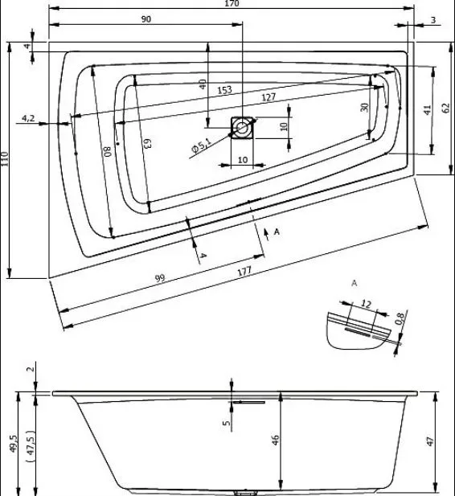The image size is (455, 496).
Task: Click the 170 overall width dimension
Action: click(232, 3)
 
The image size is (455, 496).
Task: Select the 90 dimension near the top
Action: click(146, 19)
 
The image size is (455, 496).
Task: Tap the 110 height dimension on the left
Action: click(4, 159)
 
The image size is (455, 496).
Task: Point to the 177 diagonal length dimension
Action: click(244, 272)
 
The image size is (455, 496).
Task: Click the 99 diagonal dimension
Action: click(160, 278)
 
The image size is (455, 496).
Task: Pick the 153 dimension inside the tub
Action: click(224, 90)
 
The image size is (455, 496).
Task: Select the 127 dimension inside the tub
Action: click(268, 97)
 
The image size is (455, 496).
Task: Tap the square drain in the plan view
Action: click(242, 128)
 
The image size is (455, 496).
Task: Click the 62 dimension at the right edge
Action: click(445, 109)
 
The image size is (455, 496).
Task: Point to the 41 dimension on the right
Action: click(428, 110)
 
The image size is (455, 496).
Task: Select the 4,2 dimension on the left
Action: click(28, 118)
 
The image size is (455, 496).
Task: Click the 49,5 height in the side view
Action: click(14, 444)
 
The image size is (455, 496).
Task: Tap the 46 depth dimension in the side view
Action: click(276, 440)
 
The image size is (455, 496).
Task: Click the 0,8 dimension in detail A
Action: click(400, 318)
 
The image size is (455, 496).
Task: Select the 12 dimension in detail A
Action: click(366, 304)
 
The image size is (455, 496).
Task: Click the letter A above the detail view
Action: click(355, 283)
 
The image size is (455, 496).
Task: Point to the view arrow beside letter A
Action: click(267, 235)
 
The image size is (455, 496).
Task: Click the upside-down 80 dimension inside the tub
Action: click(108, 151)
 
